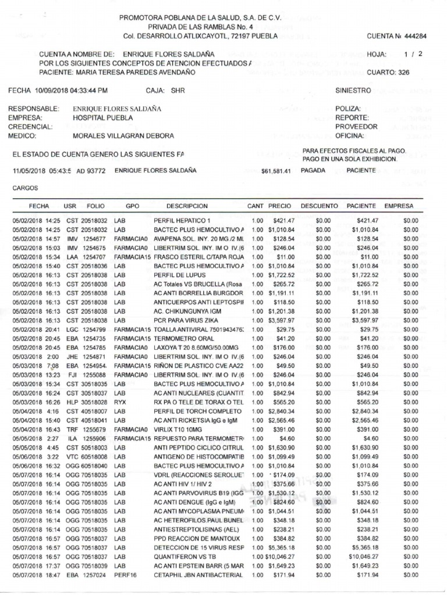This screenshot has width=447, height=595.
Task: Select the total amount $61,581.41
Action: [276, 171]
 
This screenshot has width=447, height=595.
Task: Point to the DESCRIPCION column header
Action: [187, 206]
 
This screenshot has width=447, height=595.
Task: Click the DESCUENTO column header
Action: [319, 206]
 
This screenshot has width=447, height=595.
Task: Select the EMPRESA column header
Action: [398, 206]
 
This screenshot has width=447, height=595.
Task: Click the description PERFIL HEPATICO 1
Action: [182, 221]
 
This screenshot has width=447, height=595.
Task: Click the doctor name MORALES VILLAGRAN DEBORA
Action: [123, 136]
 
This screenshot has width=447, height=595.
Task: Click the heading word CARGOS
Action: [25, 189]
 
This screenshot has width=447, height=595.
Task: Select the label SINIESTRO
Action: [353, 91]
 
